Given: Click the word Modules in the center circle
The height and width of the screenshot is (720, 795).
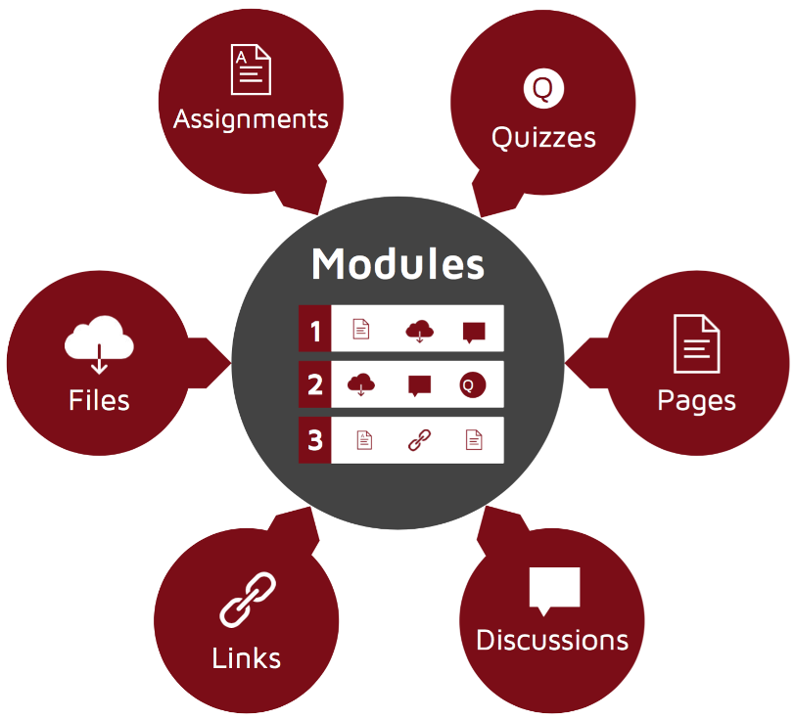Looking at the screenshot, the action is tap(398, 264).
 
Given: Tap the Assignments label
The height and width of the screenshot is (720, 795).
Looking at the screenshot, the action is tap(251, 120).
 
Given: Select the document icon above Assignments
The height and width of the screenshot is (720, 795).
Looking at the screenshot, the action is tap(251, 69).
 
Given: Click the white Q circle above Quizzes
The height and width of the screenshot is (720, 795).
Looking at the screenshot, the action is tap(543, 89).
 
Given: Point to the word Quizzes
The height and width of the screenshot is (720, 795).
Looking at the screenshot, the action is tap(543, 137).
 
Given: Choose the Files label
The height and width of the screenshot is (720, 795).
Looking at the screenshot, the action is tap(100, 400).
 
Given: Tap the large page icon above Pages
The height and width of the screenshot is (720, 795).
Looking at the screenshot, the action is tap(697, 343).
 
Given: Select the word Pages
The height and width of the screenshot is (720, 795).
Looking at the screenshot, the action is tap(697, 401).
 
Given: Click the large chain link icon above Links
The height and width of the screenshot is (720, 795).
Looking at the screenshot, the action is tap(248, 600).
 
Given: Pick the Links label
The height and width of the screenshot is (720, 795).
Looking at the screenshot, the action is tap(247, 657).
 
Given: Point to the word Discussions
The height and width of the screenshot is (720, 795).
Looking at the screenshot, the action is tap(552, 640).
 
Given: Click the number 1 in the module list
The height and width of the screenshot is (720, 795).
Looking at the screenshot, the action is tap(315, 332).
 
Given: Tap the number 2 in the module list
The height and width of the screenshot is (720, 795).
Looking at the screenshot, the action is tap(315, 384).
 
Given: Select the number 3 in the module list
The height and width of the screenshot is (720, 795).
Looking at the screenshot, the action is tap(315, 440).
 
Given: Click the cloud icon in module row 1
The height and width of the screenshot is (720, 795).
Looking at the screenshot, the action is tap(419, 332).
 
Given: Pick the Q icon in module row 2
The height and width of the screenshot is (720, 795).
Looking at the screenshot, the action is tap(473, 385).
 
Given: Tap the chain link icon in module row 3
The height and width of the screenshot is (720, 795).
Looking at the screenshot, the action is tap(420, 440).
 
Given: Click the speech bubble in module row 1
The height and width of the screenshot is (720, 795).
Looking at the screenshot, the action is tap(474, 333).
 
